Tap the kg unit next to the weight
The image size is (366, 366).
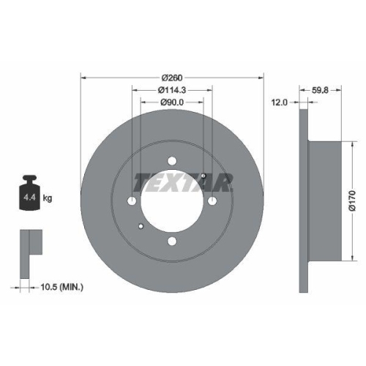click(48, 198)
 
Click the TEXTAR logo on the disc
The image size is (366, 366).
click(182, 182)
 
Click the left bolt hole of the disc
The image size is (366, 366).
click(132, 201)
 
